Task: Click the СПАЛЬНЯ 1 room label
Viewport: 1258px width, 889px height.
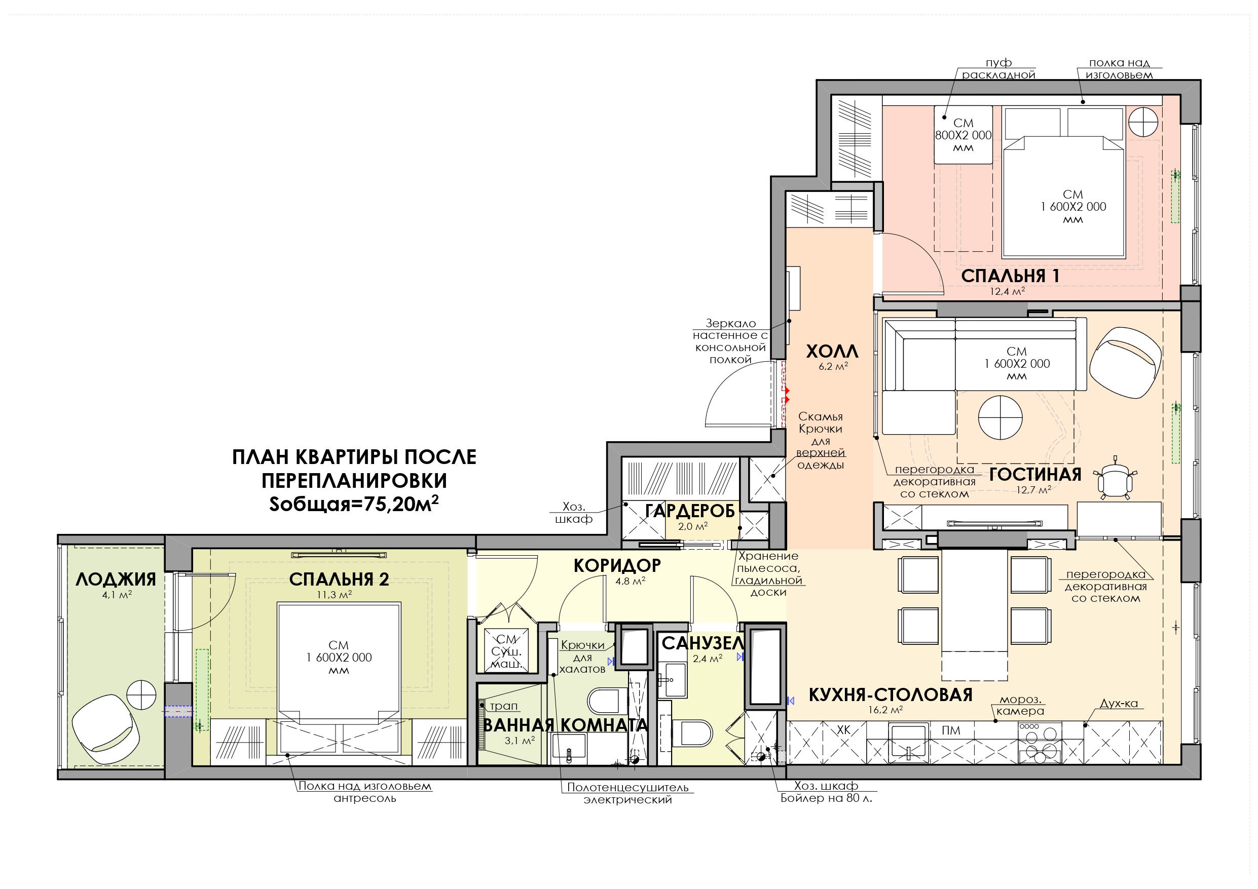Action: tap(1010, 276)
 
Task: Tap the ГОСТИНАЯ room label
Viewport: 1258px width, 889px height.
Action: tap(1035, 474)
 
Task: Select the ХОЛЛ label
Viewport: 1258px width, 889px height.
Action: tap(832, 351)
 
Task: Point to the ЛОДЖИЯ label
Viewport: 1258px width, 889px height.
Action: tap(116, 579)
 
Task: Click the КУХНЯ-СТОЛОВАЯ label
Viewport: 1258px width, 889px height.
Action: tap(891, 694)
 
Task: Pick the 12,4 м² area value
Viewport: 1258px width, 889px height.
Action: tap(1007, 291)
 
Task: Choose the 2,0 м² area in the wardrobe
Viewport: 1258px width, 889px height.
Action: tap(692, 526)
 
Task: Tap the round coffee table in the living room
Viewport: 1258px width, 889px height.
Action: tap(1000, 418)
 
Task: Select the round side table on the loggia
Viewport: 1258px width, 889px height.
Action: tap(141, 694)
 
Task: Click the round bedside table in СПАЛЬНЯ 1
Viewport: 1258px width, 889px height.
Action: tap(1143, 122)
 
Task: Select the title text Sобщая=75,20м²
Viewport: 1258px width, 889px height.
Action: tap(353, 504)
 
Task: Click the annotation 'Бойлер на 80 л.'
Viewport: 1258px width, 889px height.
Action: tap(826, 798)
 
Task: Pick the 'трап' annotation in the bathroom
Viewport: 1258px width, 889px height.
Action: tap(503, 706)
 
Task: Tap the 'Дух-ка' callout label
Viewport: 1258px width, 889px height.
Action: tap(1119, 703)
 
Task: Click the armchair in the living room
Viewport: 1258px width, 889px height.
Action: tap(1125, 363)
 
